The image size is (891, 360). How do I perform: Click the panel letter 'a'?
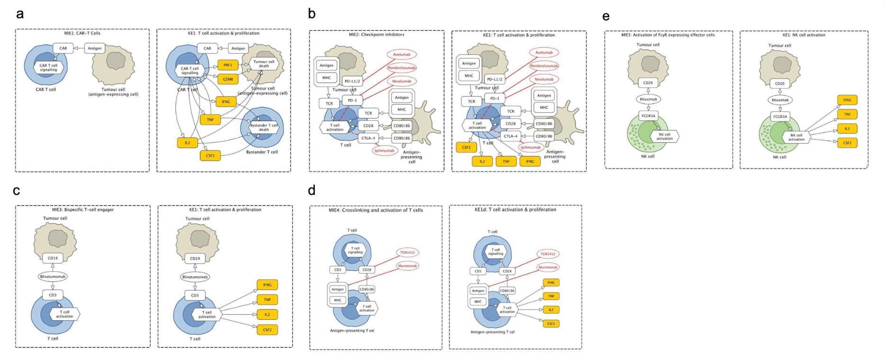click(x=19, y=14)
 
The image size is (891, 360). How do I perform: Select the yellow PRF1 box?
click(x=227, y=65)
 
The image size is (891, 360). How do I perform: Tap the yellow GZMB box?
click(x=227, y=79)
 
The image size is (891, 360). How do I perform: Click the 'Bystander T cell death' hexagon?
click(x=264, y=127)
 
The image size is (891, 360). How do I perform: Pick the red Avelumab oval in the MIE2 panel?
click(x=401, y=54)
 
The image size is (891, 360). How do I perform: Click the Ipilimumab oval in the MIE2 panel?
click(x=384, y=151)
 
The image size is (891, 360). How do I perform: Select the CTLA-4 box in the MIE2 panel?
click(x=368, y=138)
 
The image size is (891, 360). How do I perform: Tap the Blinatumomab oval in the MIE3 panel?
click(x=53, y=277)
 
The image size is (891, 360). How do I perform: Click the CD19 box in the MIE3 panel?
click(x=53, y=258)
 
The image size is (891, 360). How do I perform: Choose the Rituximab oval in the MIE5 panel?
click(x=648, y=99)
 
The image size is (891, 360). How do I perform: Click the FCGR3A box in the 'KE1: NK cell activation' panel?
click(x=780, y=117)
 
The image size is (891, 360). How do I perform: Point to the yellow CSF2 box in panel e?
click(x=847, y=143)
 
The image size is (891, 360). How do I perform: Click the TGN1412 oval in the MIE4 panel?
click(x=407, y=252)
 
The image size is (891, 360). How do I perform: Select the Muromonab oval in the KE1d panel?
click(x=548, y=267)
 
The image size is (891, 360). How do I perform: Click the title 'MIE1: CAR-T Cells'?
click(x=82, y=33)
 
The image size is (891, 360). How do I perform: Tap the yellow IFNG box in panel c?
click(x=267, y=285)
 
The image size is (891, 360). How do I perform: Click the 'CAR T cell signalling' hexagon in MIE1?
click(x=48, y=68)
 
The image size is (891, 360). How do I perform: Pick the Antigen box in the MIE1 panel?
click(x=94, y=48)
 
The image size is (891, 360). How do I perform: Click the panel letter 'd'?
click(x=311, y=190)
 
